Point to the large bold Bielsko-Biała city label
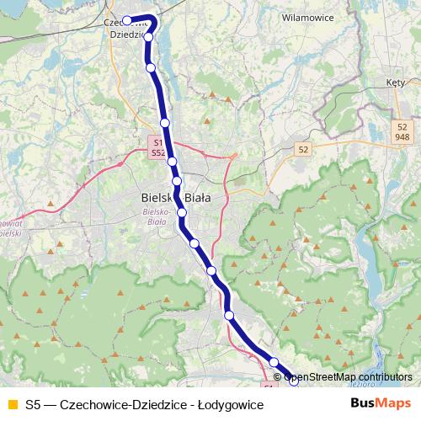173,197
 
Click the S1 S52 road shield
157,148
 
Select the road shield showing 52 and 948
402,131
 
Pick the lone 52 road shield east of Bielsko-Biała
303,148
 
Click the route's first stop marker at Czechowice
127,21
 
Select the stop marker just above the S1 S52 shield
165,123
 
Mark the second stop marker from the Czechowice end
149,37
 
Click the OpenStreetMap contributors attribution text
347,376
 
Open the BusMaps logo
381,403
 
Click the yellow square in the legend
12,405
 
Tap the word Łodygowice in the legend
228,405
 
